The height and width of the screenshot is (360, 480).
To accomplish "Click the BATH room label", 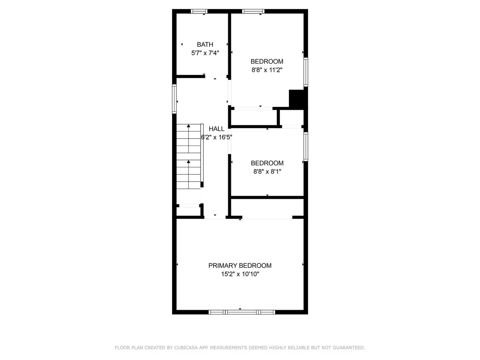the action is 205,45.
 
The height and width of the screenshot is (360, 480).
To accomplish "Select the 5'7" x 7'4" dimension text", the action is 205,53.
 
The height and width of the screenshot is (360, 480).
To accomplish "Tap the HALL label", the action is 217,129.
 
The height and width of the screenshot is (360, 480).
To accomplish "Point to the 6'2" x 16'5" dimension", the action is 217,137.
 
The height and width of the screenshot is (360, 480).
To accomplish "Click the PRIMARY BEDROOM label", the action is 240,266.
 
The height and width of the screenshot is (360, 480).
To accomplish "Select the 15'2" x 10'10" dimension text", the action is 240,274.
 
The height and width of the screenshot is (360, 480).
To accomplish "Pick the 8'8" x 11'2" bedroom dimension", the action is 267,70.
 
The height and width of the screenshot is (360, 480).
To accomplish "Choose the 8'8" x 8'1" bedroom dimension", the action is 267,172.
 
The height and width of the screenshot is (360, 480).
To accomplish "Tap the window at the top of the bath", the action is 199,11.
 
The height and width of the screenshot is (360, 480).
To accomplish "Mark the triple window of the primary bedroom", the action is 242,312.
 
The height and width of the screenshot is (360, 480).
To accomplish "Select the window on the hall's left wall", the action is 174,99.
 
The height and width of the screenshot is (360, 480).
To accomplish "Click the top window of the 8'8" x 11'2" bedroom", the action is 253,11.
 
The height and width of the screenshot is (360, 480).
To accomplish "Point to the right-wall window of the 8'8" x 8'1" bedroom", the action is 305,146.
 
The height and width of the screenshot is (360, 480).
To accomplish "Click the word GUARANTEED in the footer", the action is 349,347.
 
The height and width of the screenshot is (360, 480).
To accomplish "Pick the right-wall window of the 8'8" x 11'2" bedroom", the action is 305,72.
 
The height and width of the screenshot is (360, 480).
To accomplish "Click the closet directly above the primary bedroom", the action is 267,208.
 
